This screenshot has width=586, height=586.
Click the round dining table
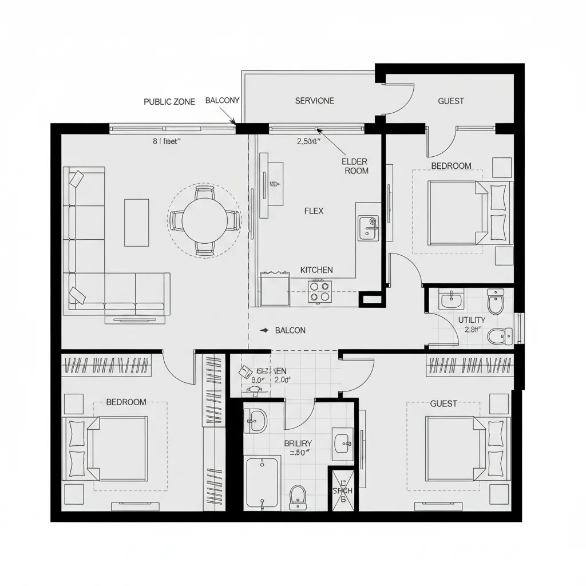coord(204,220)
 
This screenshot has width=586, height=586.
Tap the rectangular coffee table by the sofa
coord(136,222)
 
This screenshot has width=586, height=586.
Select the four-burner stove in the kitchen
coord(320,291)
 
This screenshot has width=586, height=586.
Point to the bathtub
coord(263,481)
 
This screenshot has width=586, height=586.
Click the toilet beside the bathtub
coord(298,497)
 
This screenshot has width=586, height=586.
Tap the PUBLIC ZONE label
coord(169,102)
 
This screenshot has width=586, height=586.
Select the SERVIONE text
coord(314,101)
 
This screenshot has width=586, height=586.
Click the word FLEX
coord(314,211)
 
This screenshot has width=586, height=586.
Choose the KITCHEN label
coord(316,270)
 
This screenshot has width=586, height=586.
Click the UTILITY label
coord(472,320)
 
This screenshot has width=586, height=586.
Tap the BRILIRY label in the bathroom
coord(298,443)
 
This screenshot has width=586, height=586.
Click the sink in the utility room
coord(452,300)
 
